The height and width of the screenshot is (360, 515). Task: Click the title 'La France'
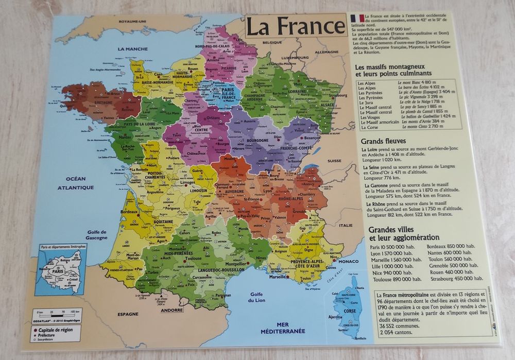coord(295,26)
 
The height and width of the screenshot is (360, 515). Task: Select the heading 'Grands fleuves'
coord(383,141)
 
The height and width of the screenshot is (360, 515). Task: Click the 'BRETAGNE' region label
coord(104,102)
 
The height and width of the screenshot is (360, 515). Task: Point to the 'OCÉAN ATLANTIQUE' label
coord(75,183)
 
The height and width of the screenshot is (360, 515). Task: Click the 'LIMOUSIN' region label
coord(198,191)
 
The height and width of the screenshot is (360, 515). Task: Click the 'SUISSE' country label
coord(334,161)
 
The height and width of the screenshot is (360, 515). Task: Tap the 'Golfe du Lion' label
coord(256,297)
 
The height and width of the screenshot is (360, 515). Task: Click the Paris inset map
coord(61,270)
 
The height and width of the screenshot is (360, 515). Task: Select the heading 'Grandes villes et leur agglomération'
coord(404,233)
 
